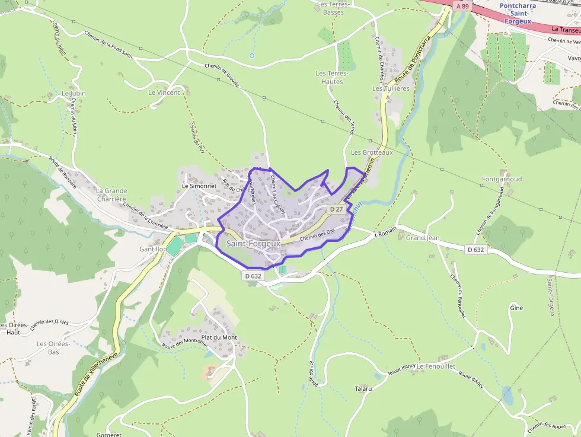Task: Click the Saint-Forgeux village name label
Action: [x=253, y=243]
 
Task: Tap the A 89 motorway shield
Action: [x=463, y=5]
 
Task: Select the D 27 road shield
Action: [x=336, y=209]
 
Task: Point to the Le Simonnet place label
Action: [x=199, y=185]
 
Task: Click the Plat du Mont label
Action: [x=219, y=337]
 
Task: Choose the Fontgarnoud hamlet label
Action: [x=502, y=178]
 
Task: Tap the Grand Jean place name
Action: [x=423, y=238]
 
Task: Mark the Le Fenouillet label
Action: [x=436, y=366]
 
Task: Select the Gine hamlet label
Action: [x=516, y=308]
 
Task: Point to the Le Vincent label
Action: [x=164, y=92]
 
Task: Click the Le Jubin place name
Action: [x=74, y=94]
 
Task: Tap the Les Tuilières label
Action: [x=391, y=88]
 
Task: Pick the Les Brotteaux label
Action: [x=372, y=152]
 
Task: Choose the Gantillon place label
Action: [x=152, y=250]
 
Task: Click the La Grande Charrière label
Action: [x=111, y=195]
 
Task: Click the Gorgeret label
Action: [x=107, y=434]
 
